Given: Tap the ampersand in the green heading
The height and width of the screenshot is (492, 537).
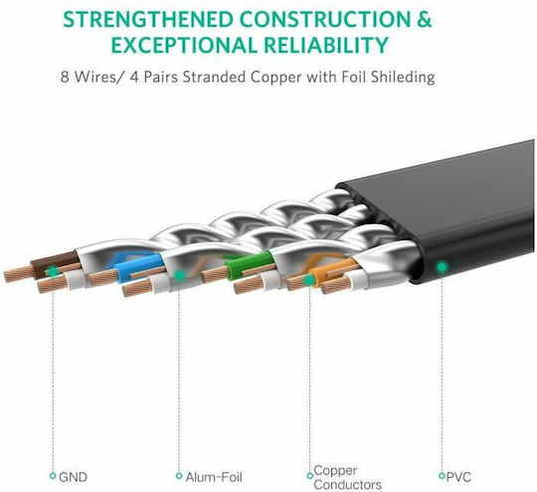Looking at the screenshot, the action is coord(424,20).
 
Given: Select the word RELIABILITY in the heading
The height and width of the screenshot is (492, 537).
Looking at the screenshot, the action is coord(326,45).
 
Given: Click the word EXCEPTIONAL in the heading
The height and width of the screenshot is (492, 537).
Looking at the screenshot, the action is coord(184,45).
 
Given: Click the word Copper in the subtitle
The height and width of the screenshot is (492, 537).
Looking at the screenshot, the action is coord(276,78).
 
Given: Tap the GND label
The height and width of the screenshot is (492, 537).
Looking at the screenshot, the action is coord(73,477).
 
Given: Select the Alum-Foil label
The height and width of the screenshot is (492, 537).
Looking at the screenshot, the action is coord(214,477).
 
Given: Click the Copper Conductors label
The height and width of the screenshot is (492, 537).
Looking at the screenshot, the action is coord(347,477).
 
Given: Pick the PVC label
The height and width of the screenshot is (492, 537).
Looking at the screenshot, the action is coord(458,477).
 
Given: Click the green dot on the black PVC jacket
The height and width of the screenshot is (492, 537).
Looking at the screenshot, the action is coord(443,267).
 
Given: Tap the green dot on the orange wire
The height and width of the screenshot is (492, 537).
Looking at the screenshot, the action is coord(309,280).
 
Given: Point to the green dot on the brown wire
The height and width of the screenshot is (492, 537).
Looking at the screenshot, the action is coord(52,271).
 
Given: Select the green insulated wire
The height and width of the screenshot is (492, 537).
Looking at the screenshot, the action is coord(249,265).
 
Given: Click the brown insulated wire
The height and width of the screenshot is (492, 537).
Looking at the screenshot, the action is coord(55,263).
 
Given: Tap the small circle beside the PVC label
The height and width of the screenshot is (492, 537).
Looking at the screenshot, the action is coord(442,476).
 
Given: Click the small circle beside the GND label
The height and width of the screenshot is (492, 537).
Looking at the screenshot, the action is coord(53,476).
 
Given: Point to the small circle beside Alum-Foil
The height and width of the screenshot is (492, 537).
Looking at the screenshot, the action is coord(179,476).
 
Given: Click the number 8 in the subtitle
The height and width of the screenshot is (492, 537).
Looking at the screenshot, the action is coord(65,78).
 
